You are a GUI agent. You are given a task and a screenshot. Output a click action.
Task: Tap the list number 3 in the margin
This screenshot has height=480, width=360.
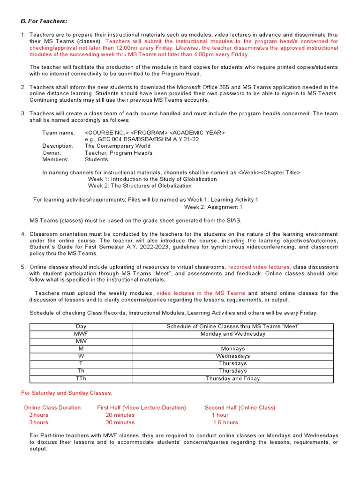pyautogui.click(x=23, y=113)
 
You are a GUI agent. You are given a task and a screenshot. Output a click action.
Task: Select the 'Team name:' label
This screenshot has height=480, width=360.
pyautogui.click(x=59, y=133)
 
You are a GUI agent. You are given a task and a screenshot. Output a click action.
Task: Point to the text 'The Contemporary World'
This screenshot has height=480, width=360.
pyautogui.click(x=118, y=146)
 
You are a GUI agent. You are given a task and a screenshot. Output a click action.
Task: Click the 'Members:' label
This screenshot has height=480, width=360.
pyautogui.click(x=55, y=159)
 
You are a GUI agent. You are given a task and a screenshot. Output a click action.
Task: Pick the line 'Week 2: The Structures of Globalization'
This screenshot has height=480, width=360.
pyautogui.click(x=140, y=186)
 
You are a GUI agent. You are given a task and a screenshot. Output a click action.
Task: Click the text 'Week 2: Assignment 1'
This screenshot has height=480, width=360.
pyautogui.click(x=213, y=207)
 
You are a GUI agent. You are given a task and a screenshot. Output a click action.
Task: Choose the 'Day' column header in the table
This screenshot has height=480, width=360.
pyautogui.click(x=81, y=326)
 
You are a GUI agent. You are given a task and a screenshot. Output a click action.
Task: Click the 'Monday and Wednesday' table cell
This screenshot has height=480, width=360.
pyautogui.click(x=232, y=334)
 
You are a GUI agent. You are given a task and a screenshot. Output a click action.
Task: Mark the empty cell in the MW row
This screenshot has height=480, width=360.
pyautogui.click(x=232, y=341)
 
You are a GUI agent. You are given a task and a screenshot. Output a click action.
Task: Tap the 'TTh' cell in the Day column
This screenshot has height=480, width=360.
pyautogui.click(x=81, y=378)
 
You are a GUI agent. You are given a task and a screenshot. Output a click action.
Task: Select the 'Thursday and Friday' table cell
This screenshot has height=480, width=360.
pyautogui.click(x=232, y=378)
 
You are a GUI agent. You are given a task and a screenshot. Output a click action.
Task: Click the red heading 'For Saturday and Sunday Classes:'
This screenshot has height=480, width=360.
pyautogui.click(x=67, y=392)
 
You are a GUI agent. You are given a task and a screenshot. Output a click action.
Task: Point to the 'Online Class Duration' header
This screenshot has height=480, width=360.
pyautogui.click(x=52, y=407)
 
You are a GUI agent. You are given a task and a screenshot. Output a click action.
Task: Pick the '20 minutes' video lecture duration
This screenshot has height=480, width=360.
pyautogui.click(x=120, y=415)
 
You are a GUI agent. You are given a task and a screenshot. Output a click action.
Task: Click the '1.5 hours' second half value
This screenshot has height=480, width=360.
pyautogui.click(x=225, y=422)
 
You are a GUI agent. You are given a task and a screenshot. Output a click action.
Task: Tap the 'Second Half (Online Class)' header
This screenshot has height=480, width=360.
pyautogui.click(x=240, y=407)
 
